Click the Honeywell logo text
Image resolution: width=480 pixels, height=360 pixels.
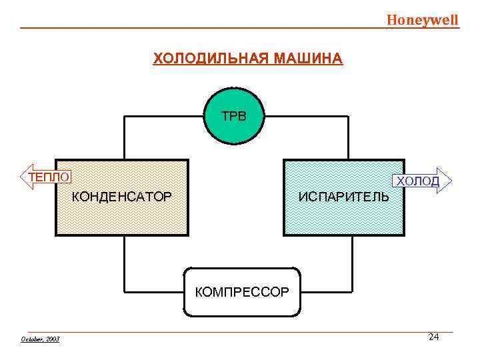tap(423, 19)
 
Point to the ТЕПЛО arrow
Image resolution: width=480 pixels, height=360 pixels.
tap(45, 177)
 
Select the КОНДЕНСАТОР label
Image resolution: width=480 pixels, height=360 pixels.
tap(121, 197)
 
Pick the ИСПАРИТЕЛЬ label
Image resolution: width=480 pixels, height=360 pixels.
tap(344, 197)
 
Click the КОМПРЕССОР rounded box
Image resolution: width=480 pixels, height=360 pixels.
tap(242, 292)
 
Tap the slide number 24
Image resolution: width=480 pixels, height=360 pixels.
tap(433, 337)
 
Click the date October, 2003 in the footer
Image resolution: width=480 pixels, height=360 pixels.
tap(40, 339)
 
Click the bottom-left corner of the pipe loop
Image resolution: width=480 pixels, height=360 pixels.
tap(125, 292)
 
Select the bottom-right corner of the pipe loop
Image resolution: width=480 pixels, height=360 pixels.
tap(349, 292)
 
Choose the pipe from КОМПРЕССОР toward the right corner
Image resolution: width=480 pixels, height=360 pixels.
tap(325, 292)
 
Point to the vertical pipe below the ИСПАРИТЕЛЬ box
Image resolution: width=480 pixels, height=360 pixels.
tap(349, 264)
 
